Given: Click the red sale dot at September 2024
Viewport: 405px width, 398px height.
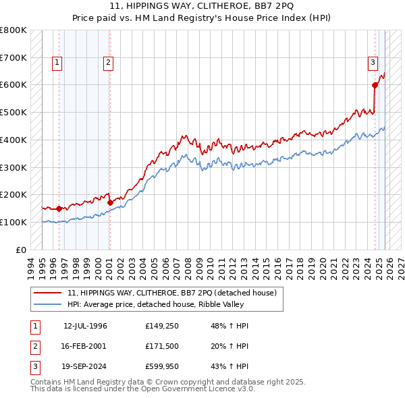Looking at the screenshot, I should coord(375,85).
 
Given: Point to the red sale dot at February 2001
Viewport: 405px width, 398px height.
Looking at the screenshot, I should coord(110,202).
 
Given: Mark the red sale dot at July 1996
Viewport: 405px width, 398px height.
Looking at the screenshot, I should coord(59,208).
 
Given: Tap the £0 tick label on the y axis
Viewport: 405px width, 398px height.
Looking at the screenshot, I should coord(22,250).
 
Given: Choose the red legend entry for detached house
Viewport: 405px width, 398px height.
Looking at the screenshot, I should coord(172,293).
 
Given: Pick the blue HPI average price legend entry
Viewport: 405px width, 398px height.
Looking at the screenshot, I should coord(158,305).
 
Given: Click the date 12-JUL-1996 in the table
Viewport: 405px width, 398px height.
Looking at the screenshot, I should coord(85,326).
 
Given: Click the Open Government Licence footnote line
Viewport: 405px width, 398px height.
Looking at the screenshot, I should coord(143,389).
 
